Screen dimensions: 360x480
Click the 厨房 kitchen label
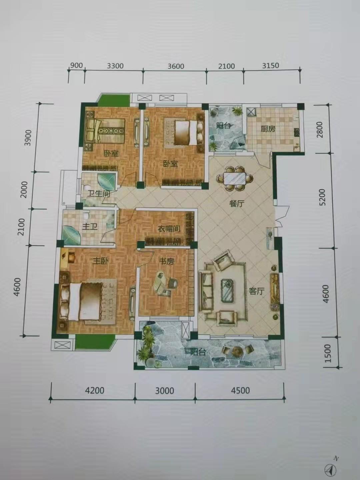(x=268, y=129)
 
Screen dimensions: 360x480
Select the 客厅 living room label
(x=257, y=291)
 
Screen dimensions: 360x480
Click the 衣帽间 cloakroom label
(x=169, y=229)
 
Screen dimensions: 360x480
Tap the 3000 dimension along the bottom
(x=164, y=390)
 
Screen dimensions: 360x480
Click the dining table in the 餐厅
(x=235, y=178)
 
